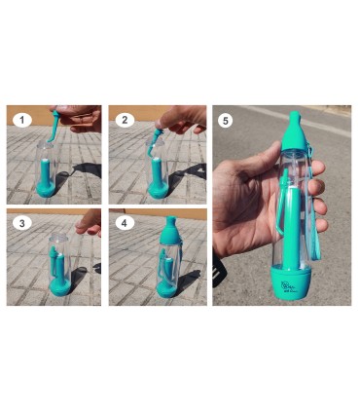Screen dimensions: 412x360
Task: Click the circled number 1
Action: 21,120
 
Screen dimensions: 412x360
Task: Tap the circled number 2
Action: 124,120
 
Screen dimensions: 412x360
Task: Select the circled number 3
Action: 21,223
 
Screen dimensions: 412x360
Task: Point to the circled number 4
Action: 124,223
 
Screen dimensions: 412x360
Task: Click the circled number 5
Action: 228,121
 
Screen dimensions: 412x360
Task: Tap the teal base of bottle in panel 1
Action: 47,182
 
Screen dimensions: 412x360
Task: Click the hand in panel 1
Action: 84,118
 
